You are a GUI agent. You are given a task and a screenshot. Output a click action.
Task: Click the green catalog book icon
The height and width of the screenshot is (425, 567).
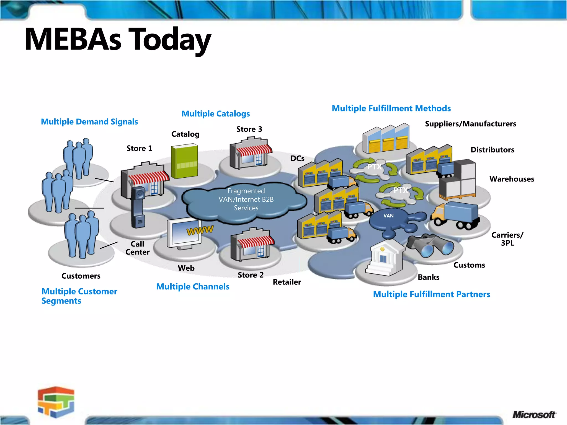point(184,161)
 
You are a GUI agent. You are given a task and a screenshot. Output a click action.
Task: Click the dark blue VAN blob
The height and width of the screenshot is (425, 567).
point(389,220)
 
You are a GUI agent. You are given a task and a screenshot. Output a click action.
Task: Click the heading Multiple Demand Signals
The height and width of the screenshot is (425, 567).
point(89,122)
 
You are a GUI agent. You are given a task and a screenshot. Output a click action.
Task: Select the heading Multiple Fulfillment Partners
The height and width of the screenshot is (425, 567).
point(431,294)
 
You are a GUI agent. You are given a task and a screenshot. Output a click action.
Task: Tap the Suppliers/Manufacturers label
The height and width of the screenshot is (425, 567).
point(470,124)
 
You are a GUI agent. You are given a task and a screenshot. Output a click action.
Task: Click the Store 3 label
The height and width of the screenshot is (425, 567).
point(249,129)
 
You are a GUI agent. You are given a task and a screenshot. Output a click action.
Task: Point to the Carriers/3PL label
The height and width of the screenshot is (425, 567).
point(507,239)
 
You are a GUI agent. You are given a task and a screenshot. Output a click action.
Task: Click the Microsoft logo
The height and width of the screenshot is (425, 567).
point(534,414)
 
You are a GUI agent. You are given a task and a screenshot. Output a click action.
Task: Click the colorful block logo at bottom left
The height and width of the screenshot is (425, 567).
point(56,402)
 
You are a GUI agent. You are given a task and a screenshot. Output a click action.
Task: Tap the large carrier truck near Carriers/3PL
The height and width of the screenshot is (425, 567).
point(455,216)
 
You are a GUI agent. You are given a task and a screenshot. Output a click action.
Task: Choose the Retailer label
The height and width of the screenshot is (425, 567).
point(287,282)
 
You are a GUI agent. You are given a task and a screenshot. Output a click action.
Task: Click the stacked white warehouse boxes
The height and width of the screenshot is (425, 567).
point(458,180)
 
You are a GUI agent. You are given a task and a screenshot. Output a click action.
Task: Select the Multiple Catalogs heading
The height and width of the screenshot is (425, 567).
point(216,114)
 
